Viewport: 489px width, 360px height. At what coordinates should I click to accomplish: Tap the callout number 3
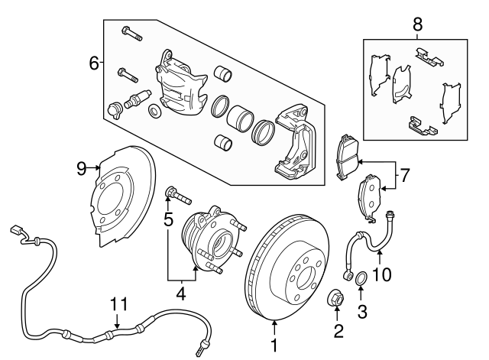362,312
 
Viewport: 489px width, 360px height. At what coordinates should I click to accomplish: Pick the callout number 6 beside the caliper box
94,63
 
